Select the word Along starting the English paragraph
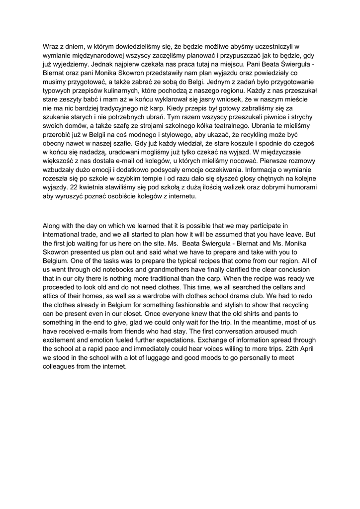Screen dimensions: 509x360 pyautogui.click(x=53, y=226)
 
